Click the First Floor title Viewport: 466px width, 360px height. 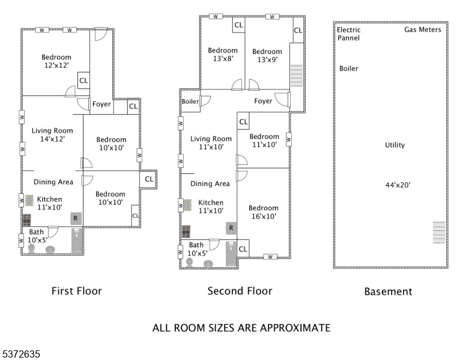[x=77, y=291]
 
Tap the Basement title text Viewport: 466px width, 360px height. [x=388, y=292]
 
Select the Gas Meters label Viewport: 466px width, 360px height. [x=423, y=29]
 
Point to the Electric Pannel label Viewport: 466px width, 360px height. [x=349, y=34]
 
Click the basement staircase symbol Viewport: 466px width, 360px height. [x=439, y=232]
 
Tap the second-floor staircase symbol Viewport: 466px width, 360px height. [x=297, y=76]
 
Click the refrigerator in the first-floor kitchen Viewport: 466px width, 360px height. [x=76, y=218]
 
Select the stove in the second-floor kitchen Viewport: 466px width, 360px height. [x=186, y=232]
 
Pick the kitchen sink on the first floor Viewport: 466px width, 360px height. [x=29, y=200]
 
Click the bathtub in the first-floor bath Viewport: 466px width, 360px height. [x=77, y=240]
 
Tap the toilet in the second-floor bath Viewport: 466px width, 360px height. [x=189, y=262]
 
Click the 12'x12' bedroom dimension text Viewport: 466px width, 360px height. [x=56, y=65]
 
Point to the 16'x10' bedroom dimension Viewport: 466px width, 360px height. [x=264, y=216]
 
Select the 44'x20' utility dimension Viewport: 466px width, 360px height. [x=398, y=185]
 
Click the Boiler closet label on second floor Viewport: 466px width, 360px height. [x=190, y=101]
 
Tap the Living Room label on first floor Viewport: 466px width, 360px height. [x=52, y=131]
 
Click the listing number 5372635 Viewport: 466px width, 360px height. [x=22, y=354]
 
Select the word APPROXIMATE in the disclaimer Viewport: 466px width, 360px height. [x=295, y=328]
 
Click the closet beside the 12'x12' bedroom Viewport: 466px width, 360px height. [x=83, y=80]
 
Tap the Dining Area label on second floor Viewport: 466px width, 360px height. [x=210, y=184]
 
